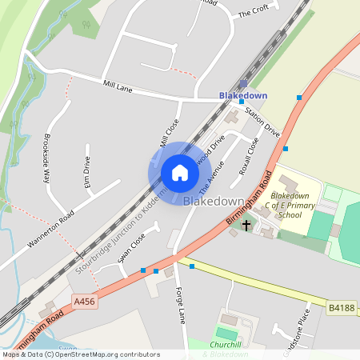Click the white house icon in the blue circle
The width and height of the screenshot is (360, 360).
(180, 172)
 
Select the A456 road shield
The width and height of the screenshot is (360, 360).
(84, 302)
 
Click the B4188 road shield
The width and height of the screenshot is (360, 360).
(339, 306)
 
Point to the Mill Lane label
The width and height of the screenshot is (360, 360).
(118, 85)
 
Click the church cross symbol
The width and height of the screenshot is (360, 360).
(246, 226)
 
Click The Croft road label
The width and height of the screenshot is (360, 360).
(254, 10)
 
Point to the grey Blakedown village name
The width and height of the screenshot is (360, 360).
(213, 200)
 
